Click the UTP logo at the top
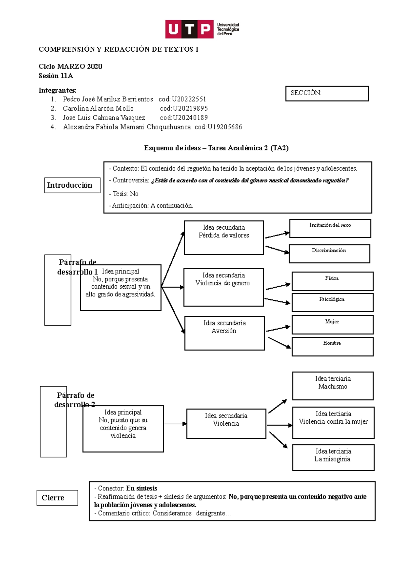tap(202, 29)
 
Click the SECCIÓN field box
tap(327, 94)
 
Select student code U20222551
tap(189, 99)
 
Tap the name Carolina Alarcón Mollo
tap(98, 108)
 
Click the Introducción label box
tap(72, 185)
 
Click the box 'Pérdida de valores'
tap(224, 237)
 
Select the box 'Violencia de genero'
tap(223, 287)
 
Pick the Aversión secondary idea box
tap(224, 333)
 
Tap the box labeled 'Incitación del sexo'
tap(330, 228)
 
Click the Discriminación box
tap(329, 253)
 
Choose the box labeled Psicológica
tap(332, 302)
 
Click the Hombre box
tap(332, 346)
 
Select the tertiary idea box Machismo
tap(332, 386)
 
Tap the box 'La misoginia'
tap(333, 457)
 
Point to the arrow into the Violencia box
tap(175, 424)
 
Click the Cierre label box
tap(57, 497)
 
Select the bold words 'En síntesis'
tap(142, 488)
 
